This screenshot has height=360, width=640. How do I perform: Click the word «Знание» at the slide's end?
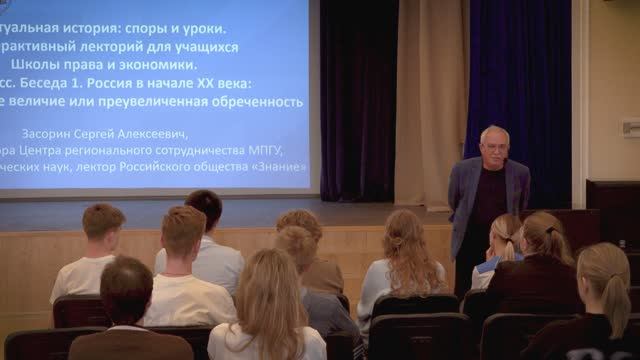click(283, 167)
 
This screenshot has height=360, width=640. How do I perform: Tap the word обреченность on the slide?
click(252, 102)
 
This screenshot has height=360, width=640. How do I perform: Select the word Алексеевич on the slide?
click(150, 132)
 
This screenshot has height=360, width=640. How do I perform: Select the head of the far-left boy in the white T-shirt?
click(103, 223)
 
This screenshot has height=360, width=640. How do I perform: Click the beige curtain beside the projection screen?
click(430, 100)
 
